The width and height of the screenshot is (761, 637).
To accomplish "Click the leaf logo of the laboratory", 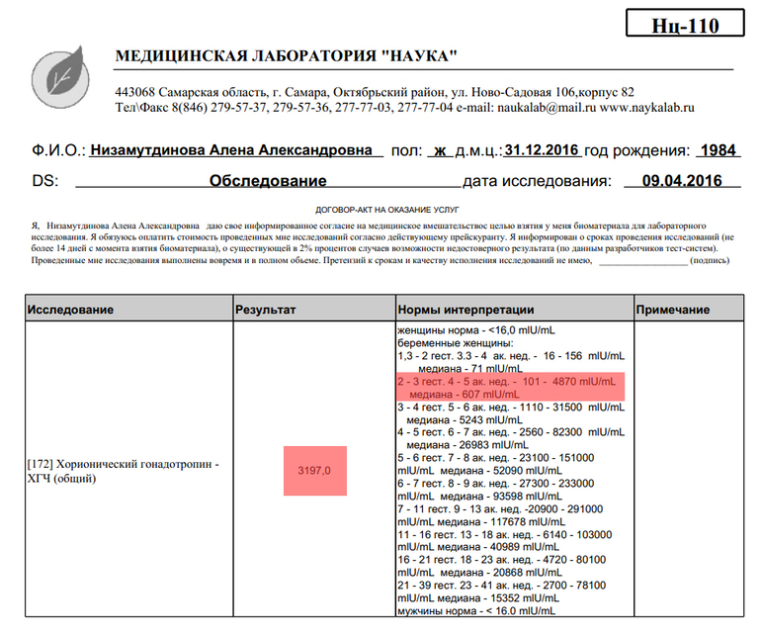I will click(x=63, y=76).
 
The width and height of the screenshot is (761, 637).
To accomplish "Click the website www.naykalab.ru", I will click(x=647, y=107).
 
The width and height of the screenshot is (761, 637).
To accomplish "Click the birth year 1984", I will click(x=718, y=151).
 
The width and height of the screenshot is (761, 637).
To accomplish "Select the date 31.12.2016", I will click(x=542, y=151).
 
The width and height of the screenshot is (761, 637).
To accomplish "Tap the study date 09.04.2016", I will click(x=681, y=181).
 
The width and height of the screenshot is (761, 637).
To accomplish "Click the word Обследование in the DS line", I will click(x=268, y=181).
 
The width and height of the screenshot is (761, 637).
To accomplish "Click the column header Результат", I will click(x=265, y=310).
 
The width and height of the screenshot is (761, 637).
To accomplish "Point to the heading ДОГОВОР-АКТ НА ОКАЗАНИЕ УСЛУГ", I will click(x=380, y=211).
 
